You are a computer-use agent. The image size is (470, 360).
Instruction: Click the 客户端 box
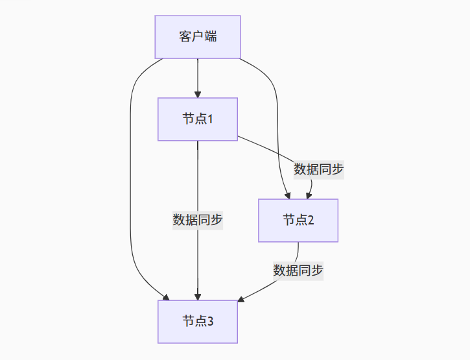198,37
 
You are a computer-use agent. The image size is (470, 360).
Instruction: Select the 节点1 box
198,119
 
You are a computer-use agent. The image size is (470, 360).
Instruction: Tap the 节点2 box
298,221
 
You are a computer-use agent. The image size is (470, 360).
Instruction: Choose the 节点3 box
198,322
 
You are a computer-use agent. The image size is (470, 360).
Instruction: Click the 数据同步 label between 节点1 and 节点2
318,169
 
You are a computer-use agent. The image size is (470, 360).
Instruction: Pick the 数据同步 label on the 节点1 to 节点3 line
198,220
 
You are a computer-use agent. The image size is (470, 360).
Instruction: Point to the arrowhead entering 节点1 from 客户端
198,94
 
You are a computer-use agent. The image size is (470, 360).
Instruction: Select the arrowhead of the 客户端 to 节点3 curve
166,297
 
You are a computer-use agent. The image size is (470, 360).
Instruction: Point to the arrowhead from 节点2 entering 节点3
241,300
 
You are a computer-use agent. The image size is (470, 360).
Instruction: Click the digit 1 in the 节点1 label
211,119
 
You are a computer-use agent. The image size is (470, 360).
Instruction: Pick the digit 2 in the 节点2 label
311,221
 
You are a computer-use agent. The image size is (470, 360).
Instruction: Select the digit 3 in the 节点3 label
211,322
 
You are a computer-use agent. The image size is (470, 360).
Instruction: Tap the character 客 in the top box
185,37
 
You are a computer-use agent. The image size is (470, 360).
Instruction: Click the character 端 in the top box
211,37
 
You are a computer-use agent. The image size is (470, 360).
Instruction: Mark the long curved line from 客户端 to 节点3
130,195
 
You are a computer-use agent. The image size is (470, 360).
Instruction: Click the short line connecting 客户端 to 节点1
198,77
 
